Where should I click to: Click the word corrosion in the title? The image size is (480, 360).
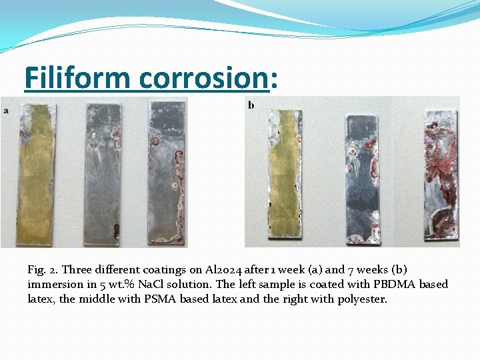pos(203,77)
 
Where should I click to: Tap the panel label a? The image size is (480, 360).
pos(7,110)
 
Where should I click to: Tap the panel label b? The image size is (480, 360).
pos(251,105)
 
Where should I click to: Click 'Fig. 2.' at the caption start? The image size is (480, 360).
pos(41,270)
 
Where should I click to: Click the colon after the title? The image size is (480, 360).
pos(273,79)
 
